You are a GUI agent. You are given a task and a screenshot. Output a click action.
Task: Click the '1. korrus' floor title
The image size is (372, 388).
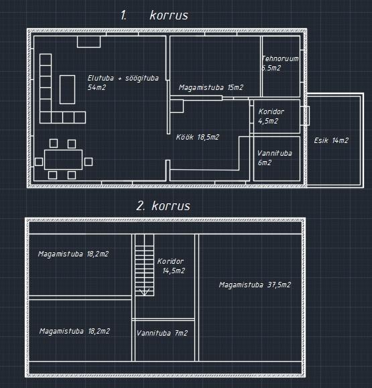click(154, 15)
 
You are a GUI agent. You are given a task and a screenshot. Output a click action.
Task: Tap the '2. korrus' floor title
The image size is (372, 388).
click(164, 206)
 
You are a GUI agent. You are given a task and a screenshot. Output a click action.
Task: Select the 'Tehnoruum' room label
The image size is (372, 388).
click(280, 58)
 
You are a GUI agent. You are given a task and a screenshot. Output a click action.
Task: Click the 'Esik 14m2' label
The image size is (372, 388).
click(331, 140)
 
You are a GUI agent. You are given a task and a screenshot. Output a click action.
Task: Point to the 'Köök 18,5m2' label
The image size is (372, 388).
click(198, 137)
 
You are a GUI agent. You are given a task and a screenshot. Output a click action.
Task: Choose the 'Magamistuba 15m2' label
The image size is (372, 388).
click(211, 87)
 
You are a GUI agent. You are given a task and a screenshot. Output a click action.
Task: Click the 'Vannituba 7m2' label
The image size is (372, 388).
click(162, 333)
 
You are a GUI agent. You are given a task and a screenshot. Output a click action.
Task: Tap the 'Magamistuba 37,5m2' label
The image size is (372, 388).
click(255, 285)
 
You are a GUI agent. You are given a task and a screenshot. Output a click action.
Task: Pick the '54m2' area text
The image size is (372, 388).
click(97, 87)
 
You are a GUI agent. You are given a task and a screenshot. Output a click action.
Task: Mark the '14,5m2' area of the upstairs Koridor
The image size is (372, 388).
click(174, 271)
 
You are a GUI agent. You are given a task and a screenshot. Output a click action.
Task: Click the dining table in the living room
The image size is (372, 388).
click(63, 160)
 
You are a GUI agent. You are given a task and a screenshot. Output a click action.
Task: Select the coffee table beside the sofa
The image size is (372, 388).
click(67, 89)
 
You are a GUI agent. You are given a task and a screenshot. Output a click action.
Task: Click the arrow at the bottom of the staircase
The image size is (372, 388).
click(144, 292)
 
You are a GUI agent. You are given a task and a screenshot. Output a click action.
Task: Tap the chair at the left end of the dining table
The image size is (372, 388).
click(39, 162)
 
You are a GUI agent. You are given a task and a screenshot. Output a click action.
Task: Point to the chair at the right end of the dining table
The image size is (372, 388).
click(88, 162)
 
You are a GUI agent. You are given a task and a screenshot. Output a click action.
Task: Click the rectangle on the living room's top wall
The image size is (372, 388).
click(88, 42)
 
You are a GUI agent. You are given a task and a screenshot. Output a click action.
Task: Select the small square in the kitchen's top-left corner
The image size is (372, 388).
click(177, 106)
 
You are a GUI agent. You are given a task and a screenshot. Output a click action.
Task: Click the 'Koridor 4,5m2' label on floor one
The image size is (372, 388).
click(271, 116)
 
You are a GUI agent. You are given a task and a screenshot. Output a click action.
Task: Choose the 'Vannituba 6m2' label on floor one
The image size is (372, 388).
click(274, 158)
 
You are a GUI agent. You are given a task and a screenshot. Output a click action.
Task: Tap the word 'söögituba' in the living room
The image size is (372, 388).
click(142, 78)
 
